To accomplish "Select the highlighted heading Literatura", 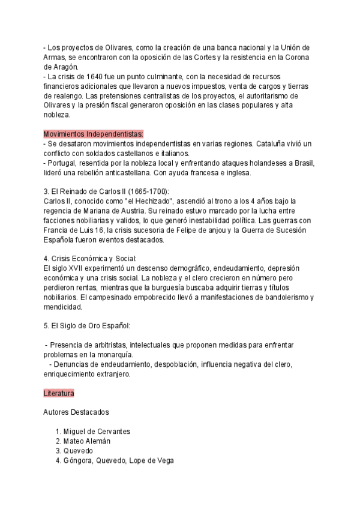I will point(59,393).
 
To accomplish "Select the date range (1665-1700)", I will point(148,191).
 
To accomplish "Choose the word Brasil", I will point(302,164).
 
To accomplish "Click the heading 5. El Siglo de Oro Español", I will point(86,325).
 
